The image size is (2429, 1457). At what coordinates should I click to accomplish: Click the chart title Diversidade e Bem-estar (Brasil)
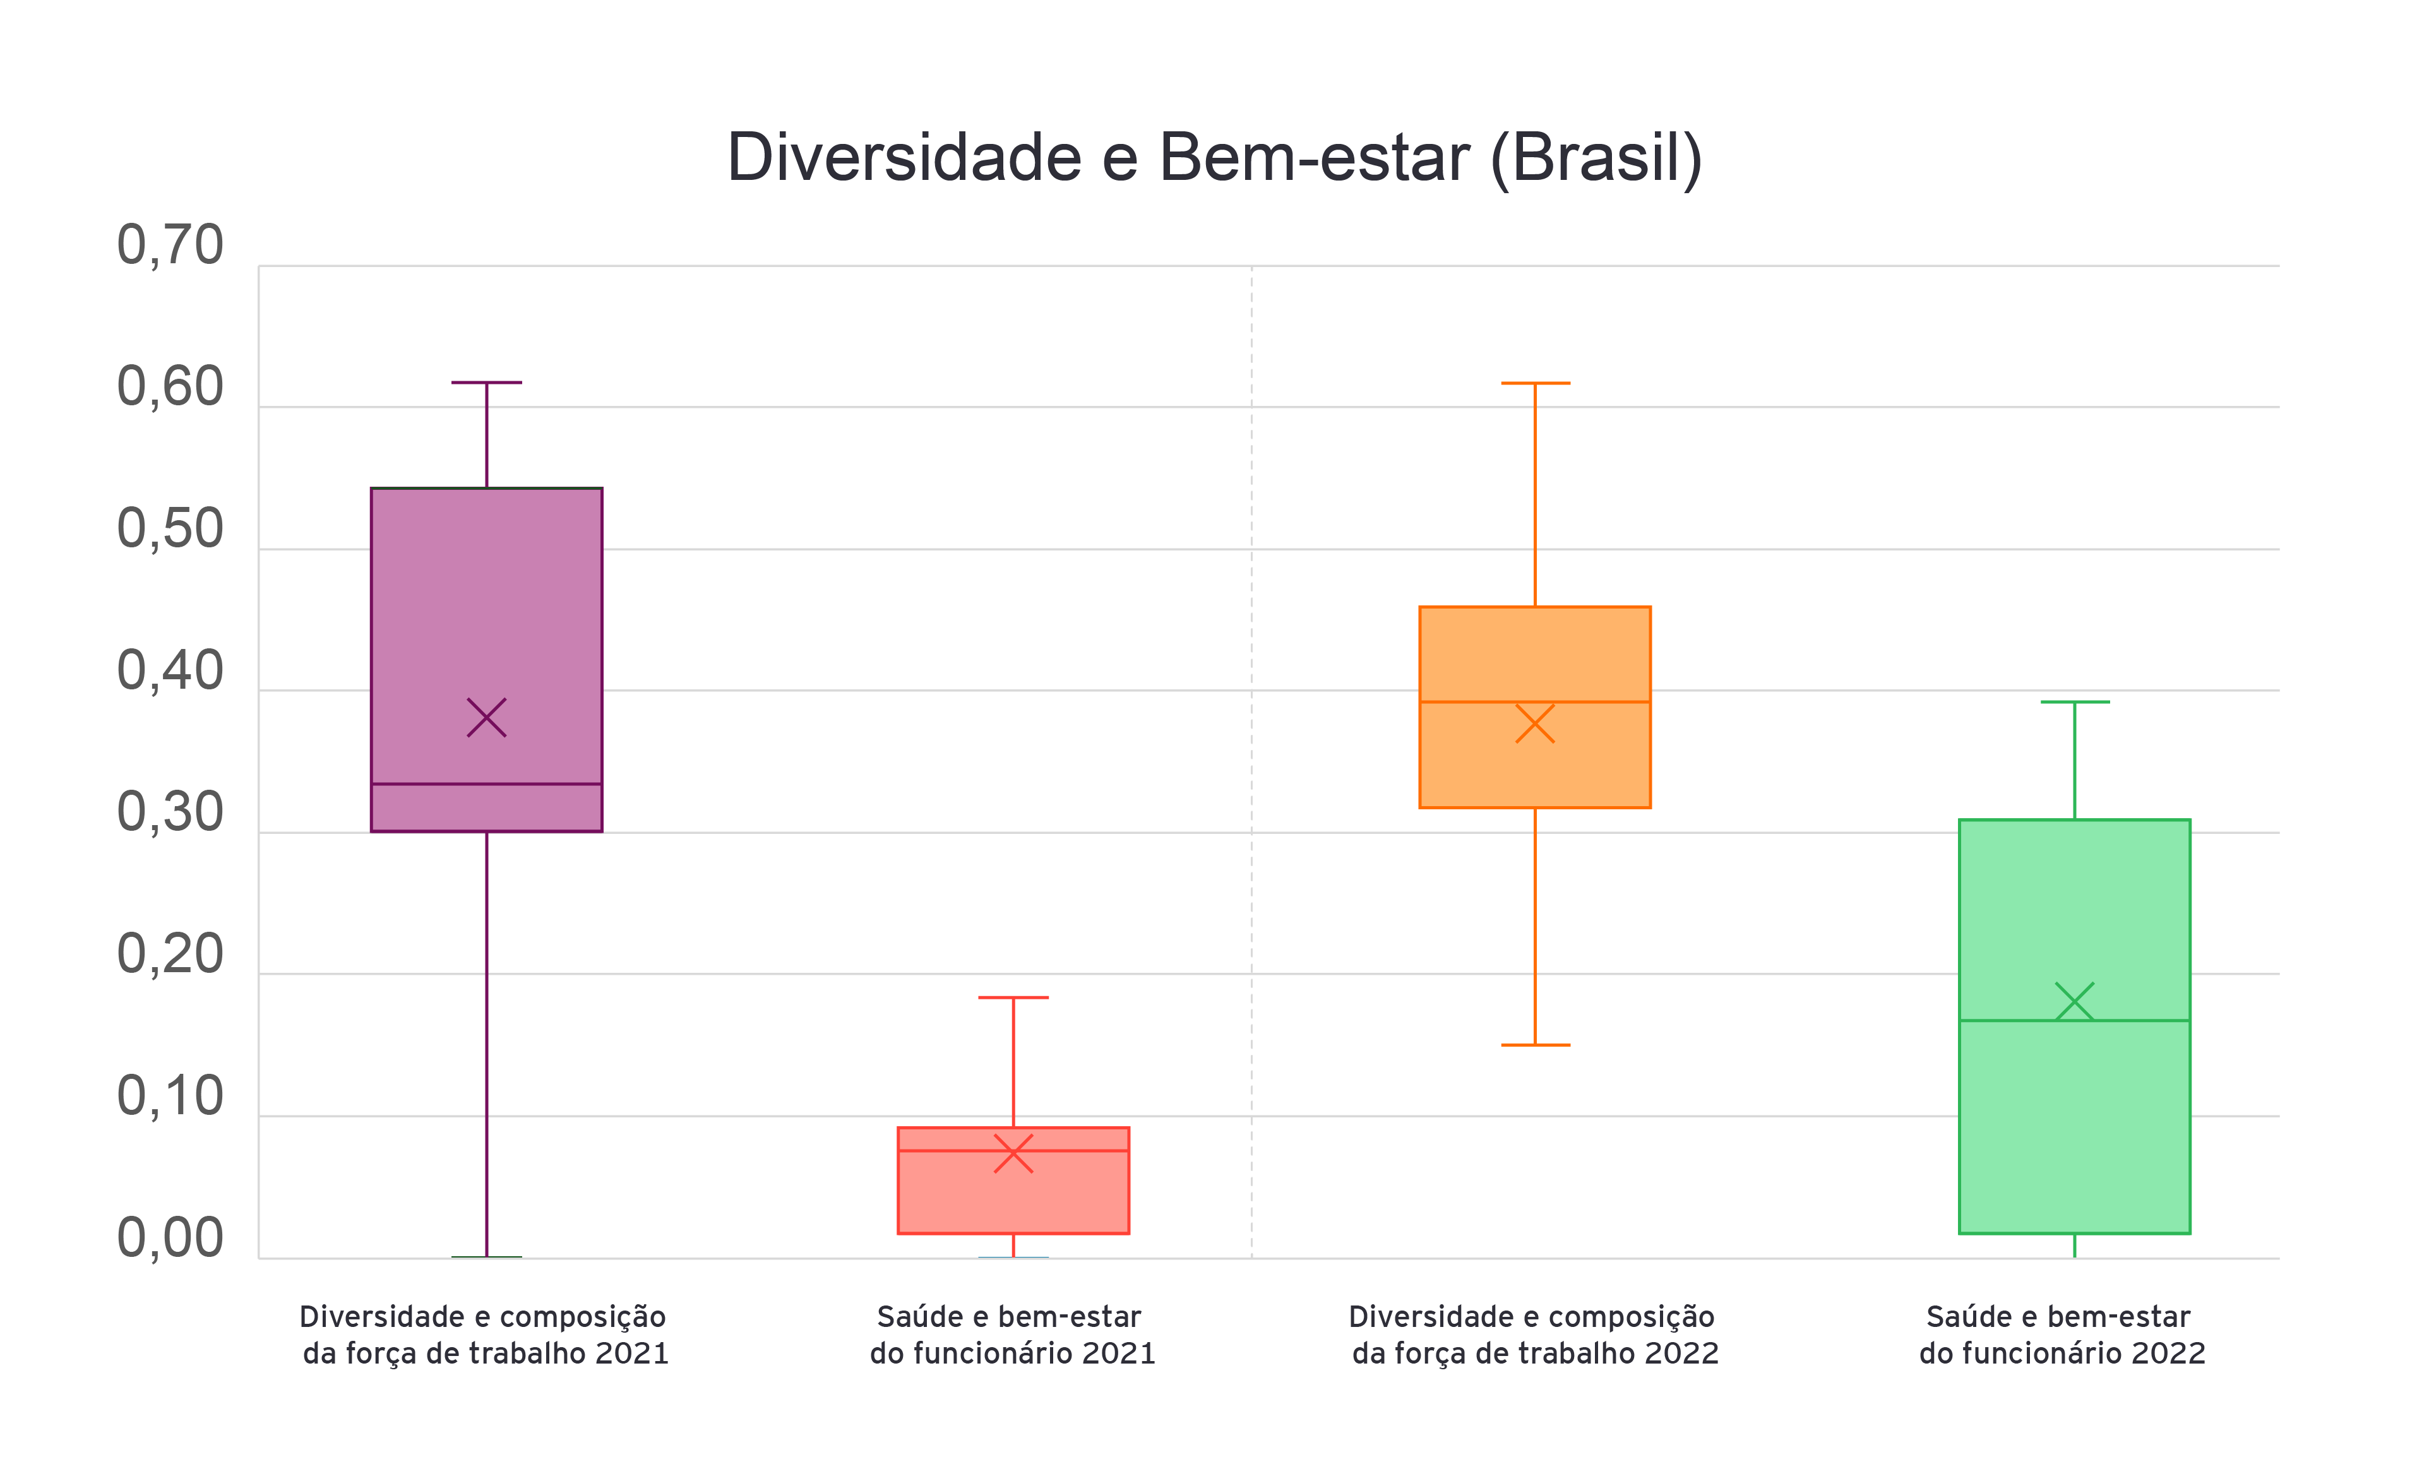pyautogui.click(x=1215, y=157)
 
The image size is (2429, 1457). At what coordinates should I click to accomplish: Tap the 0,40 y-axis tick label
pyautogui.click(x=170, y=672)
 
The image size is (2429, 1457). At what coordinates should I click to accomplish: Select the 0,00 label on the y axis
pyautogui.click(x=170, y=1238)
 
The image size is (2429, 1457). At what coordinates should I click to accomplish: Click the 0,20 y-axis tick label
pyautogui.click(x=170, y=954)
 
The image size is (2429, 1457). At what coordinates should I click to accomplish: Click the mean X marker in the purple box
pyautogui.click(x=486, y=718)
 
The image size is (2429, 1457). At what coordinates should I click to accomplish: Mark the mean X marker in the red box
pyautogui.click(x=1013, y=1153)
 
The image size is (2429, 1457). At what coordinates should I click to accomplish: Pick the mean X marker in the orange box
pyautogui.click(x=1534, y=723)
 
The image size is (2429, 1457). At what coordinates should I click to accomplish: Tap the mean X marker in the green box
pyautogui.click(x=2075, y=1001)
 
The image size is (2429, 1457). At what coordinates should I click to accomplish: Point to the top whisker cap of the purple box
pyautogui.click(x=486, y=382)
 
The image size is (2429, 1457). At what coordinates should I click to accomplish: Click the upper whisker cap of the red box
pyautogui.click(x=1013, y=997)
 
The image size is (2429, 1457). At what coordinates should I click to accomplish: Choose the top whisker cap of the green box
pyautogui.click(x=2075, y=702)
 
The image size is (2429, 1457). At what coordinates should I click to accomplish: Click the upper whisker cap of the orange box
pyautogui.click(x=1534, y=383)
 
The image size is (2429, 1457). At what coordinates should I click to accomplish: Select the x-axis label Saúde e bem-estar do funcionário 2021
pyautogui.click(x=1012, y=1335)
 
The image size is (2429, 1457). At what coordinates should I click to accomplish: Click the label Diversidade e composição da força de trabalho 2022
pyautogui.click(x=1534, y=1335)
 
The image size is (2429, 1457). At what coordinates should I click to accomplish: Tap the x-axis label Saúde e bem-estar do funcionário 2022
pyautogui.click(x=2062, y=1335)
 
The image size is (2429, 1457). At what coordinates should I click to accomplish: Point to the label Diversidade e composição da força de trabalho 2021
pyautogui.click(x=485, y=1335)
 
